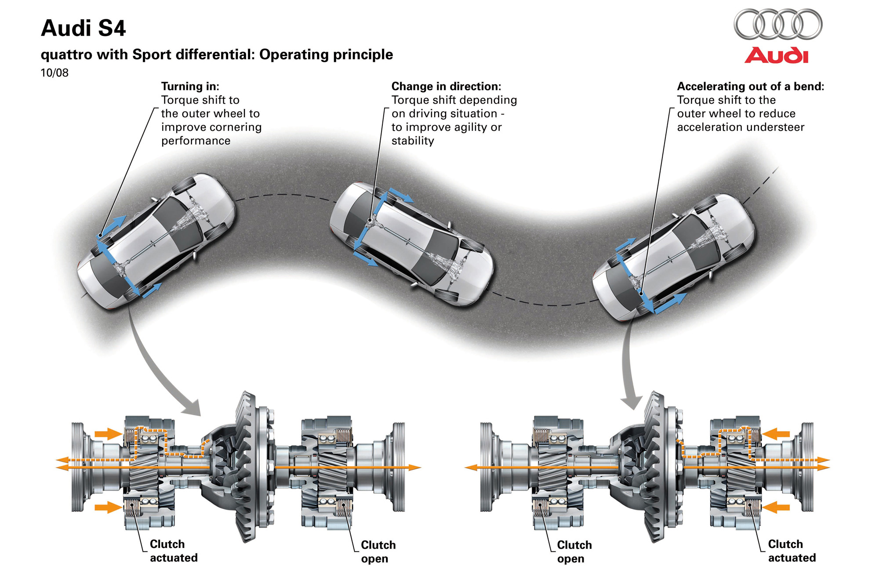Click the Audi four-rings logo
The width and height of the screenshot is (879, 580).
point(778,25)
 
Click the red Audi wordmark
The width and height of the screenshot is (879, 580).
point(776,56)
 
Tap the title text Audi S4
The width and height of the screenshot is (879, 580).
point(84,28)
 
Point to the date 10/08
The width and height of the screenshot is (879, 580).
point(54,73)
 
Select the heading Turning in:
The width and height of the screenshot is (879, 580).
point(190,86)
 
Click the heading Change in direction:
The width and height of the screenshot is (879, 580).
point(446,86)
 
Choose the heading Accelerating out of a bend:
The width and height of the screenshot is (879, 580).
point(750,86)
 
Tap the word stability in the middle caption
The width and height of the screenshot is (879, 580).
point(413,141)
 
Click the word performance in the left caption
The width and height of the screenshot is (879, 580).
point(196,141)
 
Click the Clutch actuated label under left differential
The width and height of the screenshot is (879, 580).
point(174,551)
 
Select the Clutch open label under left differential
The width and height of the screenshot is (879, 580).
point(378,552)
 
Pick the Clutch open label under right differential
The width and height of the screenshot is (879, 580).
point(574,552)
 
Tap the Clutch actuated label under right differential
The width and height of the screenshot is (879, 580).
point(792,551)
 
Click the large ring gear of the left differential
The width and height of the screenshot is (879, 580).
point(246,466)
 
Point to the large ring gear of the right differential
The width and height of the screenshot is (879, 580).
point(655,466)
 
